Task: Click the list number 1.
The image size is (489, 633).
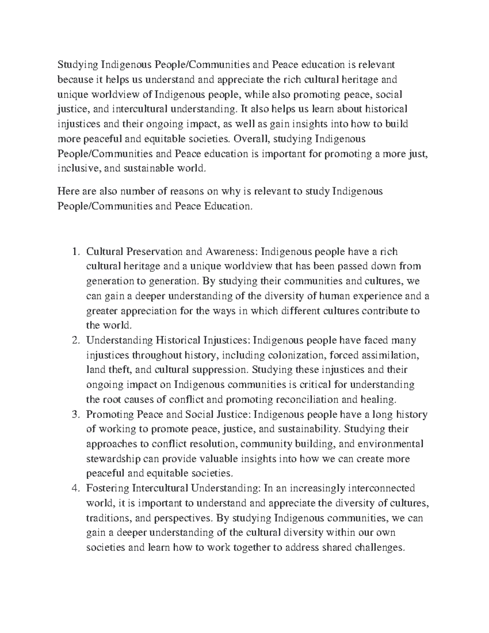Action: [75, 252]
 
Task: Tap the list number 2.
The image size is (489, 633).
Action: [75, 340]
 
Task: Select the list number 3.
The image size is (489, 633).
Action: [75, 415]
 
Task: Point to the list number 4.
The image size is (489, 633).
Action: [75, 488]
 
